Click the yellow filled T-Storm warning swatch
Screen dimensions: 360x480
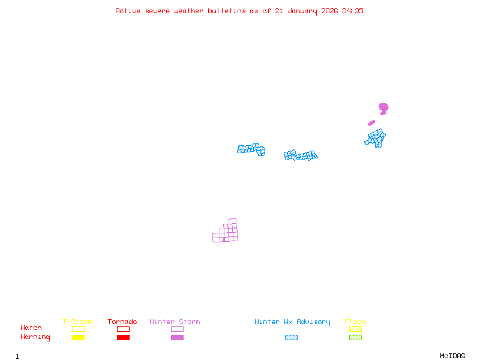click(x=78, y=338)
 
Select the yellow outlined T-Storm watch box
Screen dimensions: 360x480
click(x=78, y=329)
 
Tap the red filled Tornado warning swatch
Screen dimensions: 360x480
click(x=123, y=338)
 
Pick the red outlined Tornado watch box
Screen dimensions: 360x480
click(x=123, y=329)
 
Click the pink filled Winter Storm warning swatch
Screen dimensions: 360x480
click(x=177, y=338)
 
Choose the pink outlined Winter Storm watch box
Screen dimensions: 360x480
click(x=177, y=329)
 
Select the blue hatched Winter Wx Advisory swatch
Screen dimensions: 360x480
click(x=291, y=338)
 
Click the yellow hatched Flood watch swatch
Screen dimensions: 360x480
click(x=355, y=329)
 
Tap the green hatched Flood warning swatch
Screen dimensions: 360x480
click(x=355, y=338)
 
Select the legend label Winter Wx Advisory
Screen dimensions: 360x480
click(x=292, y=322)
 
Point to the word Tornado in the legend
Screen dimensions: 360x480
click(x=122, y=322)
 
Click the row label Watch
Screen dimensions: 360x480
click(x=31, y=328)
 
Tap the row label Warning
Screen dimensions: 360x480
click(x=35, y=337)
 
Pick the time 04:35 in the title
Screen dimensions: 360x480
click(x=353, y=11)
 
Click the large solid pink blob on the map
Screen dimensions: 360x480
click(x=383, y=108)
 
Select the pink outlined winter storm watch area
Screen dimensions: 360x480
click(x=226, y=232)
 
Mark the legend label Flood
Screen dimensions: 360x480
click(x=355, y=322)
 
